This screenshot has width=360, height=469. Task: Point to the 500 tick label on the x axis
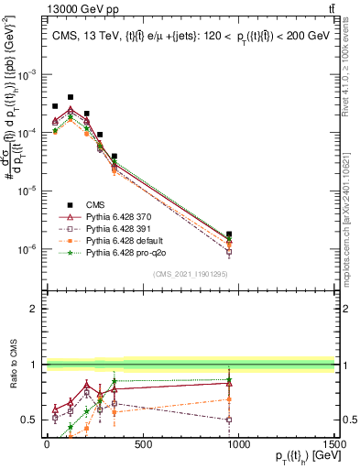(142, 446)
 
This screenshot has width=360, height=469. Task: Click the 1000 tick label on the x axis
(238, 446)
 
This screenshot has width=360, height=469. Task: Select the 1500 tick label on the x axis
(333, 446)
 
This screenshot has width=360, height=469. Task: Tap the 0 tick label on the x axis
(47, 446)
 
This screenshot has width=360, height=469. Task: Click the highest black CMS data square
(71, 96)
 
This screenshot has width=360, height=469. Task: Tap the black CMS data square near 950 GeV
(229, 234)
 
